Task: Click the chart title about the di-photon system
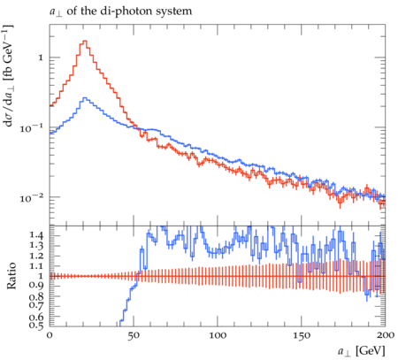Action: pyautogui.click(x=120, y=11)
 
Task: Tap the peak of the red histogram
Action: pyautogui.click(x=85, y=41)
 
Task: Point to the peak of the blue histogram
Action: pyautogui.click(x=85, y=97)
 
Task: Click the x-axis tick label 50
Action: pyautogui.click(x=134, y=335)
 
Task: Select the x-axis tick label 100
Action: pyautogui.click(x=218, y=335)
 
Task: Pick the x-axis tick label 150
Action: pyautogui.click(x=302, y=335)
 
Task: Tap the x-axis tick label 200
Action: pyautogui.click(x=385, y=335)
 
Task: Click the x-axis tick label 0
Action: pyautogui.click(x=50, y=335)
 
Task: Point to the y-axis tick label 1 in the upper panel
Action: pyautogui.click(x=41, y=57)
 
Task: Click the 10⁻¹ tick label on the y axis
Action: pyautogui.click(x=32, y=127)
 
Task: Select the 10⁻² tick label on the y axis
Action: pyautogui.click(x=32, y=197)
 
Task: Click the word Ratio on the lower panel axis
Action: pyautogui.click(x=11, y=276)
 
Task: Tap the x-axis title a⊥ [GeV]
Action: pyautogui.click(x=362, y=351)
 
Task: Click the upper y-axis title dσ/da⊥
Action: pyautogui.click(x=10, y=75)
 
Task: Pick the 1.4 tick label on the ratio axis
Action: pyautogui.click(x=36, y=235)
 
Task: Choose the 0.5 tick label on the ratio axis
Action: pyautogui.click(x=36, y=326)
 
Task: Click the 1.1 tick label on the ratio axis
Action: pyautogui.click(x=36, y=266)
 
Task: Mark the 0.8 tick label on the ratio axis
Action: pyautogui.click(x=36, y=295)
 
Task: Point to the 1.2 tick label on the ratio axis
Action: pyautogui.click(x=36, y=256)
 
